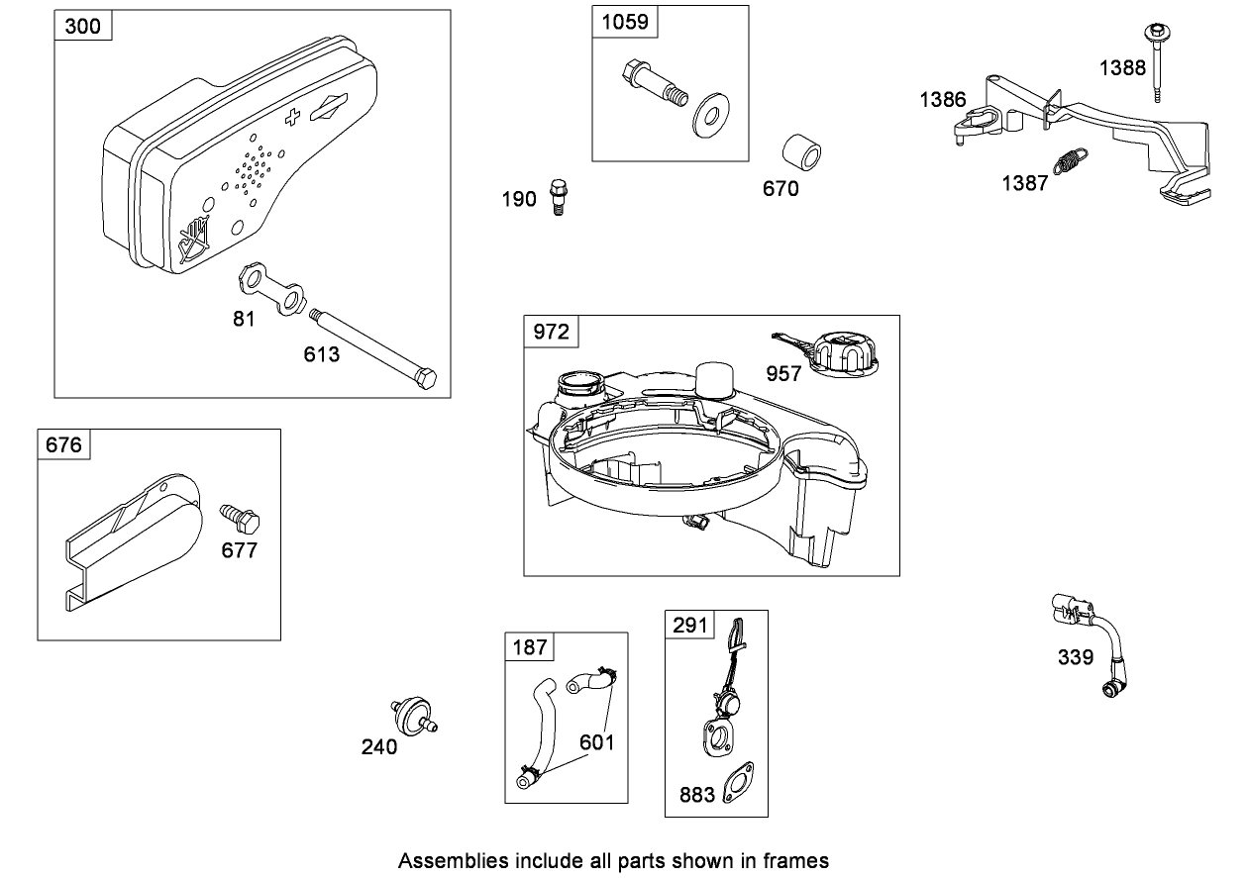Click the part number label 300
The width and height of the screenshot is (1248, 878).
coord(82,26)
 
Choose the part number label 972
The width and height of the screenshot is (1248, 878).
coord(552,332)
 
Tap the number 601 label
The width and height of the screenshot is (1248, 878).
coord(597,741)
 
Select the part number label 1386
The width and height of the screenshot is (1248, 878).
coord(942,99)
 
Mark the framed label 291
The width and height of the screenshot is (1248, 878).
coord(690,625)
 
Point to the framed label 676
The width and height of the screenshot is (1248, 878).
coord(64,444)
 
